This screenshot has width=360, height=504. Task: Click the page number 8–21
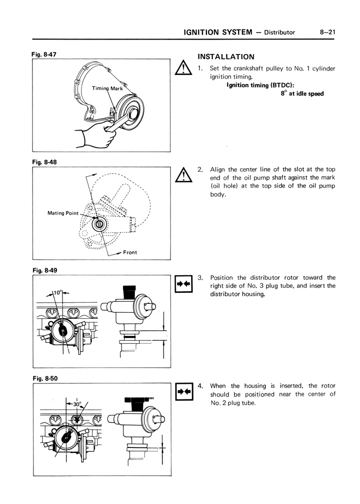[327, 32]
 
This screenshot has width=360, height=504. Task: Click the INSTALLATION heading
[226, 57]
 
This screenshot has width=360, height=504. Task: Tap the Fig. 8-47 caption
[44, 55]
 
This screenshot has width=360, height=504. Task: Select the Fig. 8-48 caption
[44, 162]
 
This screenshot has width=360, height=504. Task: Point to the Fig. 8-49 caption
[44, 270]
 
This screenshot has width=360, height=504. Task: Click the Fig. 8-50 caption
[45, 378]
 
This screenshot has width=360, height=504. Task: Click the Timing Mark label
[107, 89]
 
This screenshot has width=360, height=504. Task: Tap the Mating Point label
[63, 213]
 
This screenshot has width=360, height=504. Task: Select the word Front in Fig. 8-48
[130, 252]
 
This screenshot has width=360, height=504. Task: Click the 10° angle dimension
[57, 293]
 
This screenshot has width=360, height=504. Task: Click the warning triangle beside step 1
[183, 68]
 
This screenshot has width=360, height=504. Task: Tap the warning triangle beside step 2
[183, 175]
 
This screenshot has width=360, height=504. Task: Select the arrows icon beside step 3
[183, 283]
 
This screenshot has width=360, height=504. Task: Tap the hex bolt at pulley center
[133, 113]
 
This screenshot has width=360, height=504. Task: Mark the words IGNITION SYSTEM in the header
[218, 32]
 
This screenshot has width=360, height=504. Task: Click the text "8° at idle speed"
[302, 94]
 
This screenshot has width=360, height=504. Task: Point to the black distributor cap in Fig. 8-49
[129, 292]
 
